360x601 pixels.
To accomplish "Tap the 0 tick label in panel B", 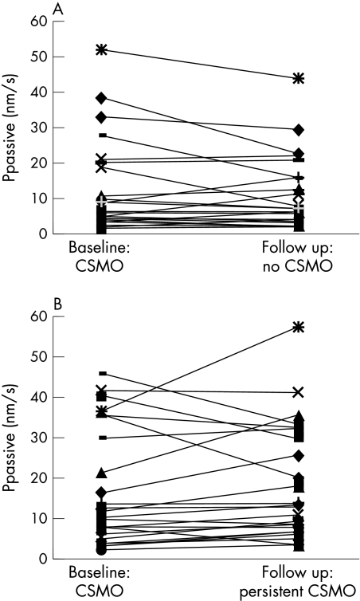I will tap(37, 559).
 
